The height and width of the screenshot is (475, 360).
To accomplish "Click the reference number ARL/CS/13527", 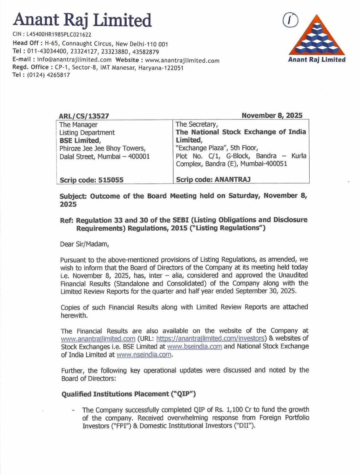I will tap(84, 116).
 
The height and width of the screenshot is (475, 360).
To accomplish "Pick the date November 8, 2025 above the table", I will tap(272, 116).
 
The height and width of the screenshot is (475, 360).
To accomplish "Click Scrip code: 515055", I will tap(91, 180).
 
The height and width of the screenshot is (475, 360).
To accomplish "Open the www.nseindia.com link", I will tap(144, 355).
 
